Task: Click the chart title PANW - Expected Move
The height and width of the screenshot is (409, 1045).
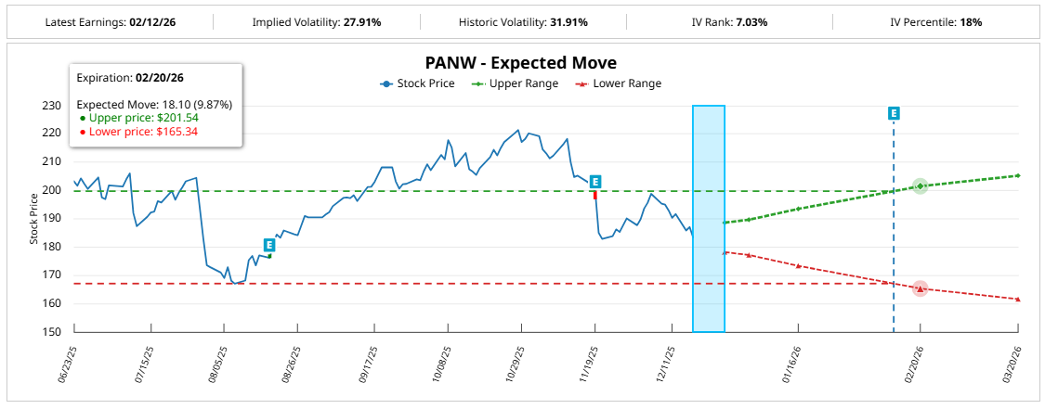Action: tap(520, 63)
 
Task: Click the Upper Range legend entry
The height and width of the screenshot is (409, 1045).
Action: tap(516, 83)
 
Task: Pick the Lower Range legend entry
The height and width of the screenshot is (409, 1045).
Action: tap(620, 83)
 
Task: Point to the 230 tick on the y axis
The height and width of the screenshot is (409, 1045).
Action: tap(53, 106)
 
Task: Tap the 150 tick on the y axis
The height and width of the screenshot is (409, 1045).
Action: tap(53, 332)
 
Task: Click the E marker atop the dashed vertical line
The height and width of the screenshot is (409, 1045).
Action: tap(894, 113)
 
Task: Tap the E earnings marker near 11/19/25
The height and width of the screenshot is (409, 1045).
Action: tap(595, 182)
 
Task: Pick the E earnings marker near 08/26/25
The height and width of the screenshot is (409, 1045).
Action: tap(269, 245)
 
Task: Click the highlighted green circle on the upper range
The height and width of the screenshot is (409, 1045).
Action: tap(920, 186)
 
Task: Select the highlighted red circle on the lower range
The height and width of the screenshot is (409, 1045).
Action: tap(920, 288)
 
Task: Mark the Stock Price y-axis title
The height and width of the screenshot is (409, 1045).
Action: tap(34, 219)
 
